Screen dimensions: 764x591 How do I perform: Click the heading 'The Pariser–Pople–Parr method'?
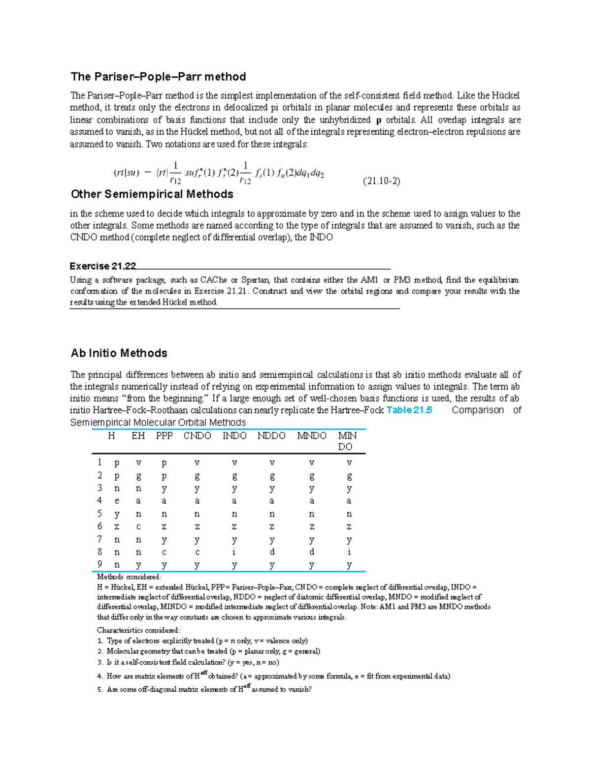(x=158, y=77)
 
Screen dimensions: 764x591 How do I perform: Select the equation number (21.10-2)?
(x=381, y=181)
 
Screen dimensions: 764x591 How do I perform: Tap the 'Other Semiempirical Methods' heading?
(x=152, y=194)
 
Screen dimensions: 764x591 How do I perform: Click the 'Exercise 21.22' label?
(x=102, y=266)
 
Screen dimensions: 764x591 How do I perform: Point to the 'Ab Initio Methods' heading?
(x=119, y=353)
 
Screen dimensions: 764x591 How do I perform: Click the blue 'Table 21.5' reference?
(x=409, y=410)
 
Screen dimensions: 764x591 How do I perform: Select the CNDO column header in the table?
(x=197, y=436)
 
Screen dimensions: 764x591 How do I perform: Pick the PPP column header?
(x=164, y=436)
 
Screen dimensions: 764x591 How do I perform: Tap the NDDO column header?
(x=271, y=436)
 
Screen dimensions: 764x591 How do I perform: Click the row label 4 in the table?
(x=99, y=500)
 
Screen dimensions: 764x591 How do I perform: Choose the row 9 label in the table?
(x=99, y=564)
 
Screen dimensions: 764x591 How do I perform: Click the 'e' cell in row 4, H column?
(x=117, y=501)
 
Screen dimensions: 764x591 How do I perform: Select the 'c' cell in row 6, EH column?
(x=138, y=527)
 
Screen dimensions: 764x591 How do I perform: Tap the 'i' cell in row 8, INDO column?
(x=234, y=552)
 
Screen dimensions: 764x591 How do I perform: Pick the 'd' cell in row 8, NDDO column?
(x=272, y=552)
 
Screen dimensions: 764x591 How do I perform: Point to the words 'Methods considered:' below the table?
(x=129, y=577)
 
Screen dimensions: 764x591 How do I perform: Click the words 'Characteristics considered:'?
(x=138, y=630)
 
